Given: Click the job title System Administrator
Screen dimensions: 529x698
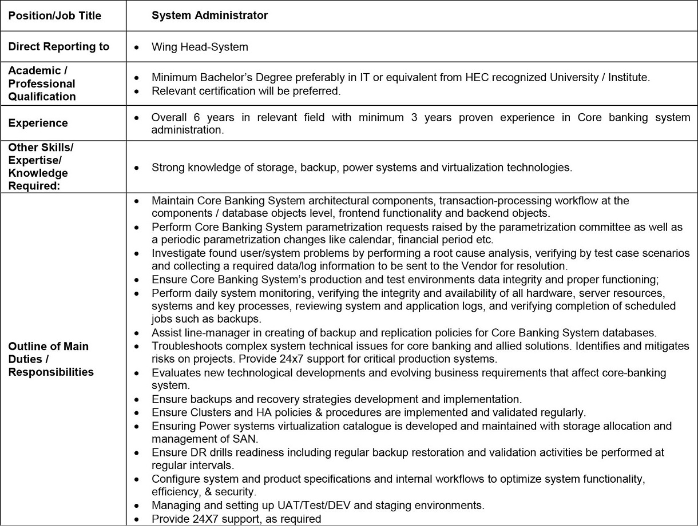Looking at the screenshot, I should point(209,15).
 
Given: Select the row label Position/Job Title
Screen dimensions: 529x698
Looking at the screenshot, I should point(55,16).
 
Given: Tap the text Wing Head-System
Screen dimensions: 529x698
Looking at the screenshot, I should point(200,47).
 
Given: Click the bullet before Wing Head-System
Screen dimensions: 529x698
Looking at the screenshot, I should point(136,47).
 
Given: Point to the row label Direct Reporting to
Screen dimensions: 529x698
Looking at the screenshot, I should point(59,47).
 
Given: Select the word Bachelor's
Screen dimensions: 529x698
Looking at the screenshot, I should point(221,77).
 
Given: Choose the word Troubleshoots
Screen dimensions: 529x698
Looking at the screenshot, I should point(185,346).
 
